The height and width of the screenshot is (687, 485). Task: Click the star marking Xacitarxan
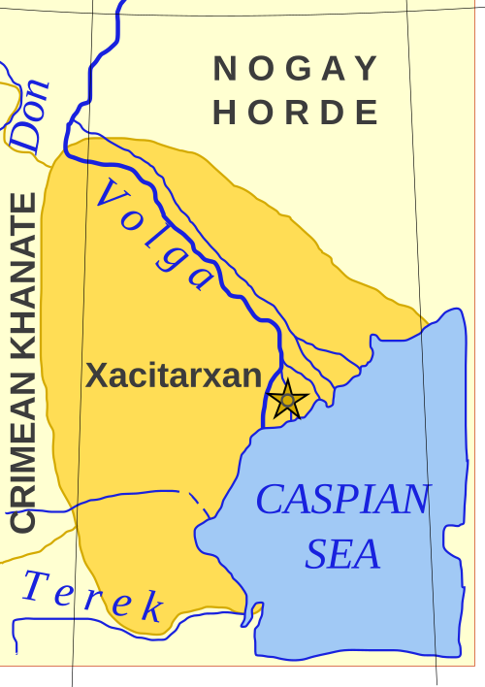pos(287,399)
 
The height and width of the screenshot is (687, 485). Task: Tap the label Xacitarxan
pos(174,376)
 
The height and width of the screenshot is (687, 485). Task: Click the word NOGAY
pos(296,69)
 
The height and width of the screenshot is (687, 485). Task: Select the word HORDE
pos(296,113)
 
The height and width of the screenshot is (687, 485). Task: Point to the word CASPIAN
pos(342,500)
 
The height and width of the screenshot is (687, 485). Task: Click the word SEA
pos(342,555)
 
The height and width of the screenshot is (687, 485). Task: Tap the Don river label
pos(33,115)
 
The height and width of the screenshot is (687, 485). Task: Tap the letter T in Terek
pos(37,585)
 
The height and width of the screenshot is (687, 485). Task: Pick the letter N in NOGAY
pos(225,69)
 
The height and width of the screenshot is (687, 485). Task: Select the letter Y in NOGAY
pos(367,69)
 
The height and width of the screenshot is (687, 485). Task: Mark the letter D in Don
pos(29,136)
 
